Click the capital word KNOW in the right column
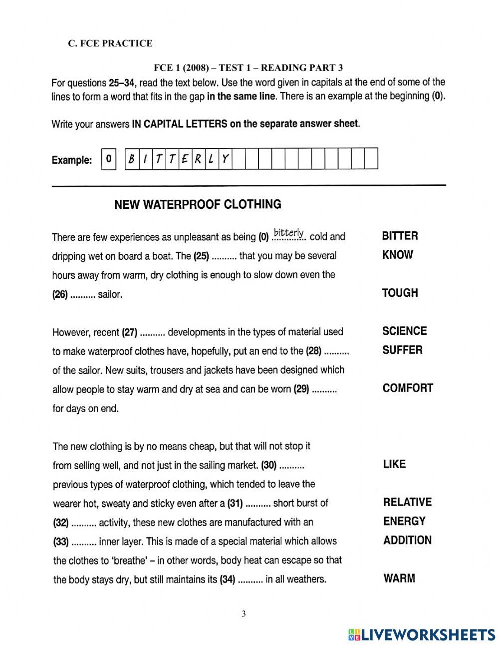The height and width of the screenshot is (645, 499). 397,255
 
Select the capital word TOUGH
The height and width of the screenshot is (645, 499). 400,293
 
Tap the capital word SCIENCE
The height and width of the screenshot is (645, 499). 404,331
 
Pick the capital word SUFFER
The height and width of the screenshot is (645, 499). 402,350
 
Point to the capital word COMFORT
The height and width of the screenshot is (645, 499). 408,388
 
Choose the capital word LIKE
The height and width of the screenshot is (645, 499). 394,464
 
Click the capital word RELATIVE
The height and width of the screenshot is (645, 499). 407,502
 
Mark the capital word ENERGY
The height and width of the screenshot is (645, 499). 404,521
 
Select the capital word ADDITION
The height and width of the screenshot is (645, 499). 407,540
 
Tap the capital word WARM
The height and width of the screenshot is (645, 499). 399,579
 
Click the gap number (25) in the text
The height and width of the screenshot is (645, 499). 201,256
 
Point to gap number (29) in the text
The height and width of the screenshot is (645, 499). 302,389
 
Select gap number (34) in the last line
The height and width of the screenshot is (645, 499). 227,580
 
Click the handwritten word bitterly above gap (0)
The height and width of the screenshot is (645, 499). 289,233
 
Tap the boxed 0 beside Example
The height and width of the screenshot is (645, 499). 108,160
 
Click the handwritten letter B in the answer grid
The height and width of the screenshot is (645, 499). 131,159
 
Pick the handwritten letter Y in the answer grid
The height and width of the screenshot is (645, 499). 225,159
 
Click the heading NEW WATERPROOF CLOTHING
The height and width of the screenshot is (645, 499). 198,204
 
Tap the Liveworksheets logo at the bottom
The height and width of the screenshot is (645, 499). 422,634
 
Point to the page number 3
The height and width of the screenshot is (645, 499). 244,614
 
